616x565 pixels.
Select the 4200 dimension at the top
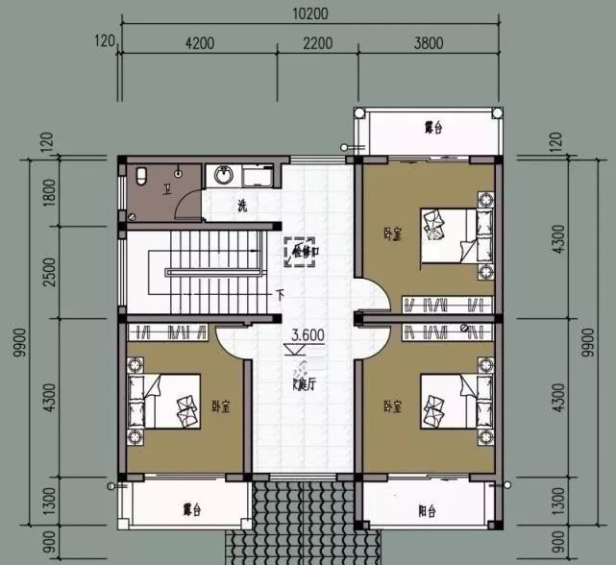coord(199,42)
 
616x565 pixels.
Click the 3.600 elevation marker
coord(308,335)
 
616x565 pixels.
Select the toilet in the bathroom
coord(140,176)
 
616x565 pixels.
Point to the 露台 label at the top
coord(433,127)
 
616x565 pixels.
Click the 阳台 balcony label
coord(428,510)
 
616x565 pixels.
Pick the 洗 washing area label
coord(243,205)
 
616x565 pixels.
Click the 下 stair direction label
coord(280,295)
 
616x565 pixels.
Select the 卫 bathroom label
coord(167,190)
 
